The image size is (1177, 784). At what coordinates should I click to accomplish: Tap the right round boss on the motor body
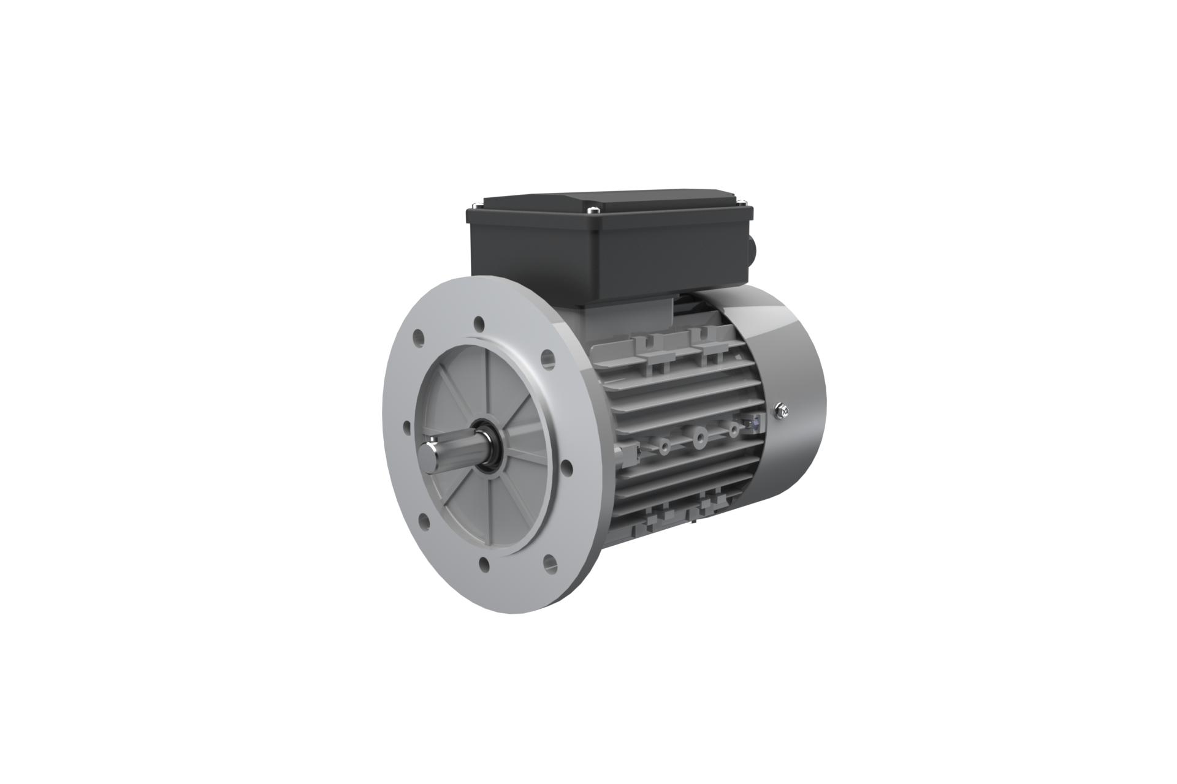point(733,429)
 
